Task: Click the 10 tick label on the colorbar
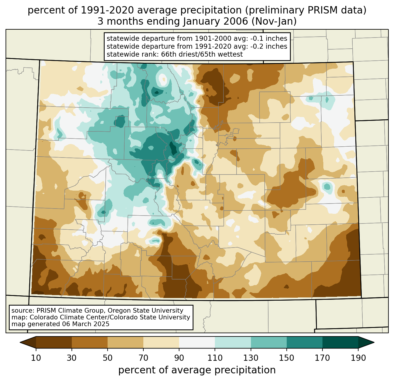pyautogui.click(x=36, y=358)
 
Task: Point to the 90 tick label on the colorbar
pyautogui.click(x=179, y=358)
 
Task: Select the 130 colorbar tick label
pyautogui.click(x=251, y=358)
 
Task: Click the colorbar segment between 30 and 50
pyautogui.click(x=90, y=342)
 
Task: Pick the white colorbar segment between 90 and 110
pyautogui.click(x=197, y=342)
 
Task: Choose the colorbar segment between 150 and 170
pyautogui.click(x=305, y=342)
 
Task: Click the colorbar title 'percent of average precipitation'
pyautogui.click(x=197, y=370)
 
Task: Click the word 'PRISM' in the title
pyautogui.click(x=312, y=11)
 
